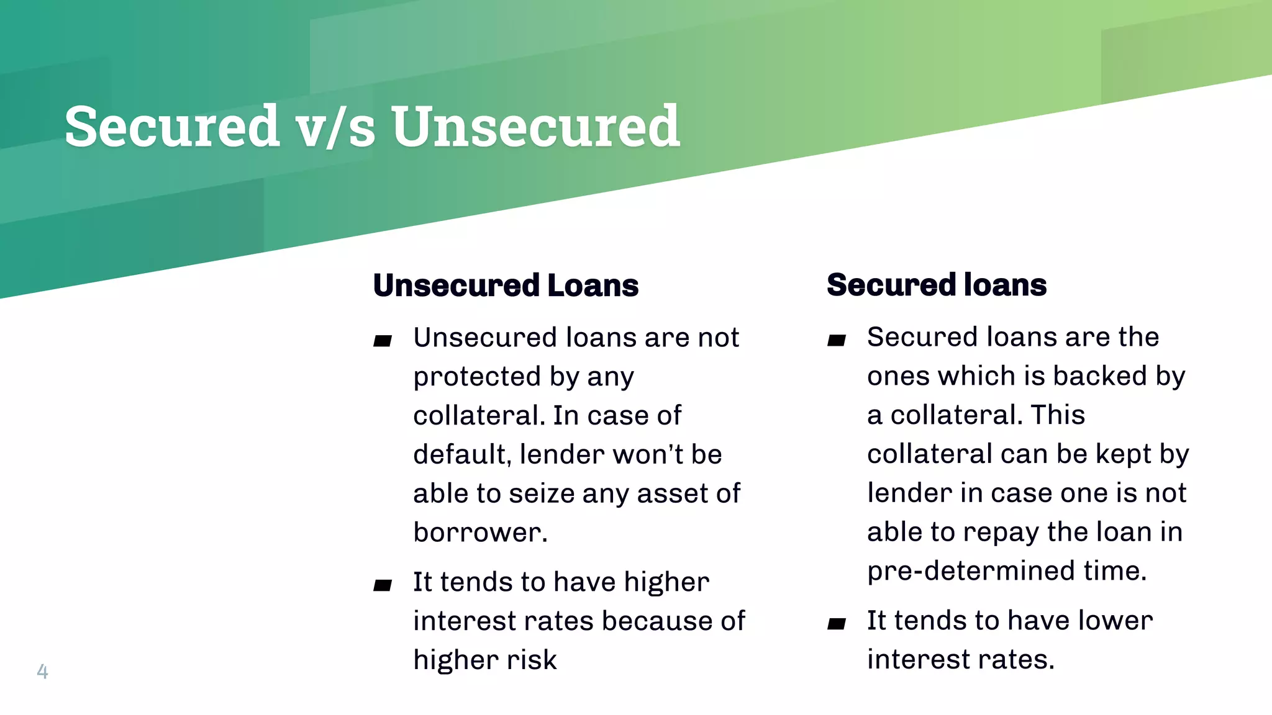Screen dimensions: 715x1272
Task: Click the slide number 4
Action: [x=42, y=671]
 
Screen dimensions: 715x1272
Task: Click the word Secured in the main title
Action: [x=172, y=127]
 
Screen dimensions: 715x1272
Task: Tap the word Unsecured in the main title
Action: [x=535, y=127]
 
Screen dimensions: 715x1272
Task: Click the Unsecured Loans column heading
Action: [x=506, y=286]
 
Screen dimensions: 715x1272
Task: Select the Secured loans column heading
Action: [x=937, y=285]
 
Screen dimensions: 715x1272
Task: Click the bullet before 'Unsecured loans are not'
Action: [x=383, y=340]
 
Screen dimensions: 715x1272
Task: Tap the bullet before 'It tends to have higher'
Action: [x=383, y=585]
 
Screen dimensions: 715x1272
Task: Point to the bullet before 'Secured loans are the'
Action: [x=837, y=340]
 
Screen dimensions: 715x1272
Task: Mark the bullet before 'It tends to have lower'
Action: [x=837, y=623]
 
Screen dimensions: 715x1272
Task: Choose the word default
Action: [x=462, y=454]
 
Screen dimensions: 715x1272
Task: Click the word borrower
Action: [x=479, y=533]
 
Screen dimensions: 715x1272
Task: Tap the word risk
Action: [x=532, y=660]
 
